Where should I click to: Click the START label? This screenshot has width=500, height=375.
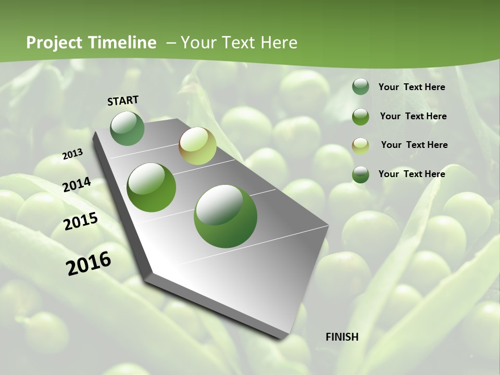pos(123,101)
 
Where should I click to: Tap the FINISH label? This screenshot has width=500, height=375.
pos(342,336)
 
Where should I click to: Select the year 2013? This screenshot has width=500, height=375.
pos(73,154)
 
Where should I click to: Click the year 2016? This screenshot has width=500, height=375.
pos(89,263)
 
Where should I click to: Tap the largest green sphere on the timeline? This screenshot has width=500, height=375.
pos(226,216)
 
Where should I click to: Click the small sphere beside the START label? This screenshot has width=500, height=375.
pos(128,128)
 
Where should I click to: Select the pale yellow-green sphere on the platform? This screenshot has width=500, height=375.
pos(197,146)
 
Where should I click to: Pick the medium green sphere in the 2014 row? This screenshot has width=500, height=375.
pos(152,187)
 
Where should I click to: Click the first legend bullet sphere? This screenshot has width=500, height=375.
pos(360,86)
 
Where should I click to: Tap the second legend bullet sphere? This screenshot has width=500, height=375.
pos(360,116)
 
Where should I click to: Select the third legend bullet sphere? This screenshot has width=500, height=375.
pos(360,145)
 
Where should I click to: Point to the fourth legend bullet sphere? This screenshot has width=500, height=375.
pos(360,174)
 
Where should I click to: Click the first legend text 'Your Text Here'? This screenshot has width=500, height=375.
pos(411,87)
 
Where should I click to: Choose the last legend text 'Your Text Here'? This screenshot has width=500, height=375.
pos(411,174)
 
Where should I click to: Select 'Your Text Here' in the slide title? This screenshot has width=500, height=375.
pos(239,43)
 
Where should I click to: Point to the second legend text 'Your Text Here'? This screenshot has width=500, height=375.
pos(413,116)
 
